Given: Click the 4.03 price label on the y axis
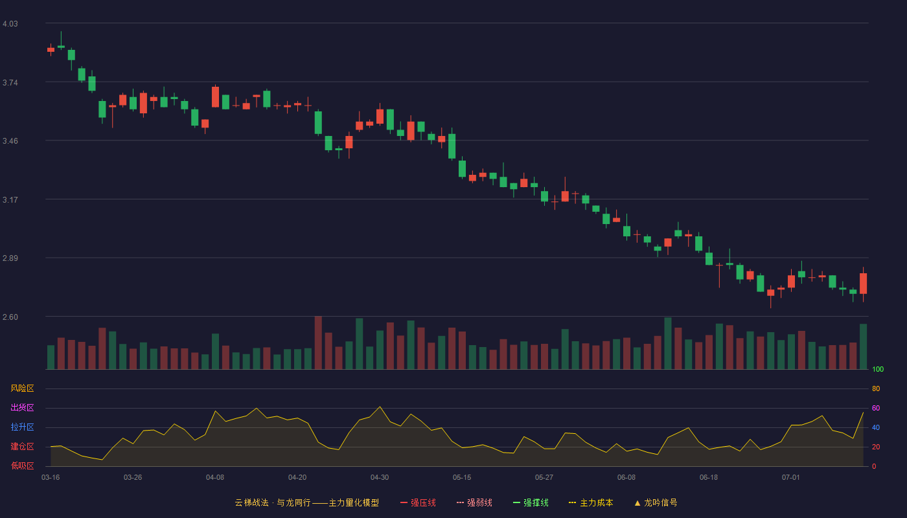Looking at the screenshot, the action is tap(10, 24).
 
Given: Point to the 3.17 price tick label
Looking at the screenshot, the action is tap(10, 200).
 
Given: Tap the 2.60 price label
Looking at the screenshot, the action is tap(10, 317).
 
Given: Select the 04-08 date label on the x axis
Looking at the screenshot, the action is tap(215, 478).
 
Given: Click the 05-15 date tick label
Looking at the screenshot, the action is tap(462, 478).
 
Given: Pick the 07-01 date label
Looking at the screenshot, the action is tap(791, 478).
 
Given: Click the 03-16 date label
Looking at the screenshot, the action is tap(51, 478).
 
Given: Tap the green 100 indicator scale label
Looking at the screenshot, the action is tap(878, 369).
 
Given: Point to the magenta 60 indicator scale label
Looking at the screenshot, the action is tap(876, 408).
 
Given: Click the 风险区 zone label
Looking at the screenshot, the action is tap(22, 388).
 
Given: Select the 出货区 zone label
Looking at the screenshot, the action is tap(22, 407).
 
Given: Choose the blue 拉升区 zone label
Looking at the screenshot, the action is tap(22, 427).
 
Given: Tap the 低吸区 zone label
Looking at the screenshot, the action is tap(22, 466).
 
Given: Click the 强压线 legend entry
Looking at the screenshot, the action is tap(418, 502).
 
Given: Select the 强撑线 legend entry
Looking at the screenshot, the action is tap(531, 502).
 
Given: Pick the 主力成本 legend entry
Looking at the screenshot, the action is tap(591, 502).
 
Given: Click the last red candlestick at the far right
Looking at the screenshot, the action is tap(863, 284).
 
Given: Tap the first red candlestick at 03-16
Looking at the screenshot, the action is tap(51, 50).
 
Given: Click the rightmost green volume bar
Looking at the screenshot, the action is tap(863, 346).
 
